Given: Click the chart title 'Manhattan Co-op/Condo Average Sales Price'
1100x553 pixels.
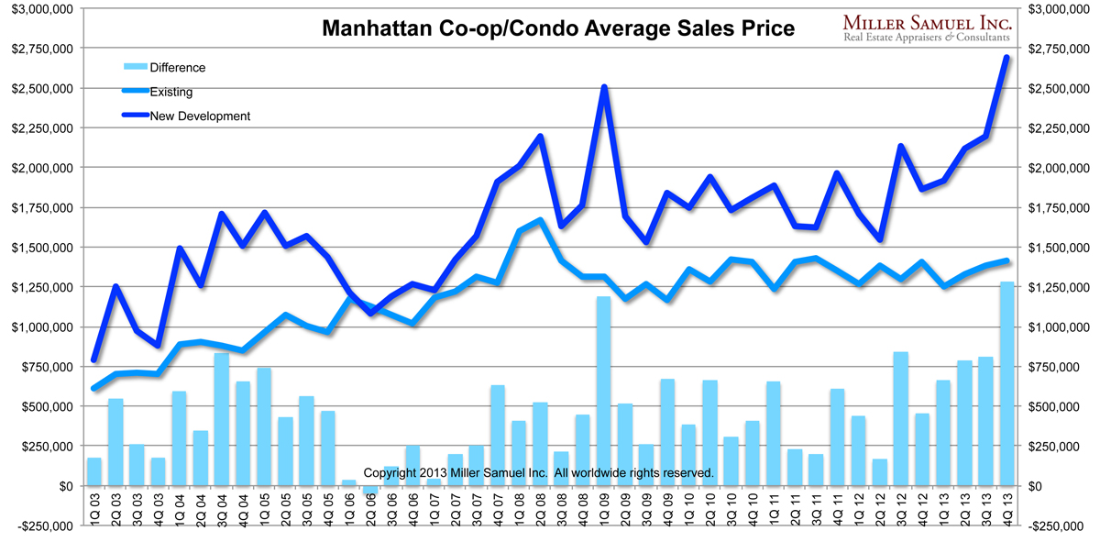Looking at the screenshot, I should [x=559, y=29].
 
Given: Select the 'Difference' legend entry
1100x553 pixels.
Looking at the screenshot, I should [x=177, y=67].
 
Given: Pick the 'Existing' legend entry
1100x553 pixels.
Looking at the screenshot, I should [x=170, y=92].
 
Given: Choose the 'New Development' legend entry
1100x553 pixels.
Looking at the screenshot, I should [x=199, y=116].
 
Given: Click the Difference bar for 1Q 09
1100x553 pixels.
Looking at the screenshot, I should [x=604, y=391].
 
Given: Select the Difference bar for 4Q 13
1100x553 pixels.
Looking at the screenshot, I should [x=1006, y=383].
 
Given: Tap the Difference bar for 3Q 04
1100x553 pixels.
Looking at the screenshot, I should [x=221, y=419].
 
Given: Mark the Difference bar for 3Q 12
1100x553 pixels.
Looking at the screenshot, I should [x=900, y=418].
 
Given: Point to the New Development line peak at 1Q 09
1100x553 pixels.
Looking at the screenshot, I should [x=604, y=88].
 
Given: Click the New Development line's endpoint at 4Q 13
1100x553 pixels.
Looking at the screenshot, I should [x=1006, y=58].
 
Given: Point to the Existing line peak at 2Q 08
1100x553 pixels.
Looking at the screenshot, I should [x=540, y=220].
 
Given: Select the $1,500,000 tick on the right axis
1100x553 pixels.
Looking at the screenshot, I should [x=1059, y=248].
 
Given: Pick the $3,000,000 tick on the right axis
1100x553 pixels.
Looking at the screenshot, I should [x=1059, y=9].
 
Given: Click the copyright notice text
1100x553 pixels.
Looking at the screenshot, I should [x=538, y=472].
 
